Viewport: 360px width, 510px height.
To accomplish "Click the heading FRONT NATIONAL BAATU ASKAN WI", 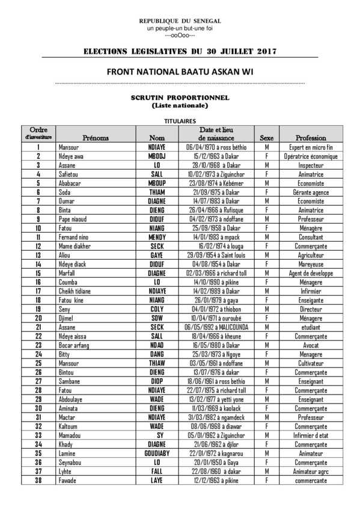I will coord(180,71).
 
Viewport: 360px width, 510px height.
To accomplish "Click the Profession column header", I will coord(311,138).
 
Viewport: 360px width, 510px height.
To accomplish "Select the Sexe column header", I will coord(266,138).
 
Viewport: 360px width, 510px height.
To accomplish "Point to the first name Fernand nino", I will coord(74,238).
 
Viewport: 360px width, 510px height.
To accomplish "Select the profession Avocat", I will coord(311,345).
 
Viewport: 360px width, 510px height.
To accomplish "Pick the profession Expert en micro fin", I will coord(311,147).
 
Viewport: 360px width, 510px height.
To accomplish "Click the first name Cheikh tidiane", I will coord(76,291).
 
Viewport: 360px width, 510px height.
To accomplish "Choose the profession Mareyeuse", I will coord(311,264).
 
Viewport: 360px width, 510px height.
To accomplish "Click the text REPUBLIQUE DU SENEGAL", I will coord(180,21).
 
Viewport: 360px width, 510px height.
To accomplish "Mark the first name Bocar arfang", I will coord(74,345).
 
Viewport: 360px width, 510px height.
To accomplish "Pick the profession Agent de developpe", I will coord(311,273).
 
